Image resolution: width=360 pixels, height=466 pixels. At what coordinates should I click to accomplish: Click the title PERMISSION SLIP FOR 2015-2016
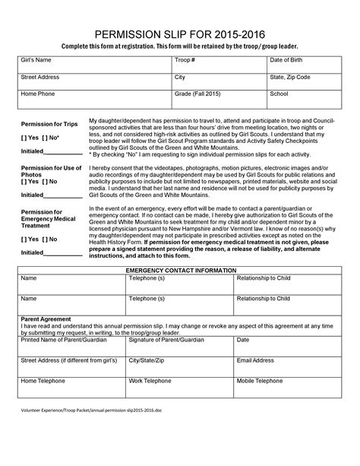point(179,34)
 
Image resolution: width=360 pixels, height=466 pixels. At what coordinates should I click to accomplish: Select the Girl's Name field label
point(36,59)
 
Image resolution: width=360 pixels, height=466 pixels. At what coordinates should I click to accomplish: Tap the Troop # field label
point(185,59)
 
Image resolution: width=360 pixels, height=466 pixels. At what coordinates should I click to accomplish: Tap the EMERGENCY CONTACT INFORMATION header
point(179,271)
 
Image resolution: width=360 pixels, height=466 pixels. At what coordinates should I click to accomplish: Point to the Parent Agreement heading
point(46,319)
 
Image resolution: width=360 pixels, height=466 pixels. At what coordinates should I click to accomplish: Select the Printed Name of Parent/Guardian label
point(58,340)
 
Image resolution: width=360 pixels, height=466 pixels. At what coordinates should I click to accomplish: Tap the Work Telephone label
point(150,380)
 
